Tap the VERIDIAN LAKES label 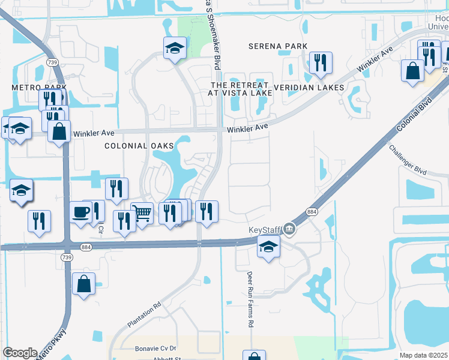click(309, 88)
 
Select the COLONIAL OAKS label click(139, 146)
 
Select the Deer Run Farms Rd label click(250, 299)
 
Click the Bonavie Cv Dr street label click(154, 348)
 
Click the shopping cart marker click(142, 212)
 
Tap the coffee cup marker click(80, 211)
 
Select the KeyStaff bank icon click(289, 229)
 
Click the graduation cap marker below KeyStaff click(268, 246)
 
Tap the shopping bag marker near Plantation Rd click(83, 283)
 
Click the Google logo click(20, 353)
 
